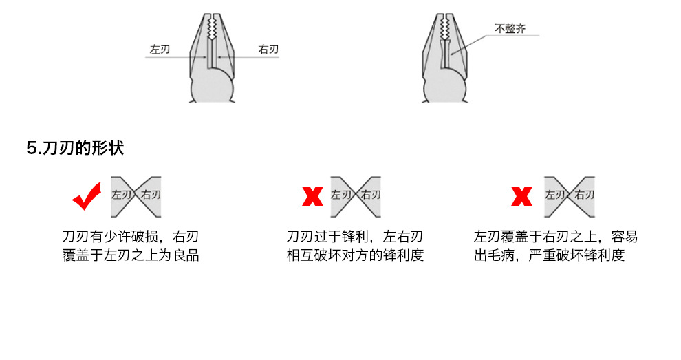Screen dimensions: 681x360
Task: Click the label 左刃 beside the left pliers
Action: pos(160,50)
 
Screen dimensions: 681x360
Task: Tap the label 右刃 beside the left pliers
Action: pos(268,50)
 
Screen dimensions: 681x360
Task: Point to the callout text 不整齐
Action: pos(510,30)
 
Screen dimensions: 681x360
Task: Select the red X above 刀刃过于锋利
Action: pos(313,198)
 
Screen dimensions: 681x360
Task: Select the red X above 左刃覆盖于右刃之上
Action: pos(521,198)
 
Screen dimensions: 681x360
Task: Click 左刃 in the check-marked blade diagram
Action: pos(121,195)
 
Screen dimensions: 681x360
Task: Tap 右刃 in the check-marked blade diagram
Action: pos(151,195)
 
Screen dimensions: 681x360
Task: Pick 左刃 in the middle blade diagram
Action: pos(340,195)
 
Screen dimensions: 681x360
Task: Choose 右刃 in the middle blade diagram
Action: pos(371,195)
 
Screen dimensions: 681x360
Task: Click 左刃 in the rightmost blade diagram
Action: pos(555,195)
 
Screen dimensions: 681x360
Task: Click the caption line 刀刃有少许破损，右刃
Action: pos(131,237)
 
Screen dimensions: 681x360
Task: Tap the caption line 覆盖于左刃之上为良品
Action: pos(131,256)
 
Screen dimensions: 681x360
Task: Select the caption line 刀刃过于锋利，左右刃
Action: pos(355,237)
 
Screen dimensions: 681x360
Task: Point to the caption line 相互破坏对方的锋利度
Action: pos(355,256)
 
